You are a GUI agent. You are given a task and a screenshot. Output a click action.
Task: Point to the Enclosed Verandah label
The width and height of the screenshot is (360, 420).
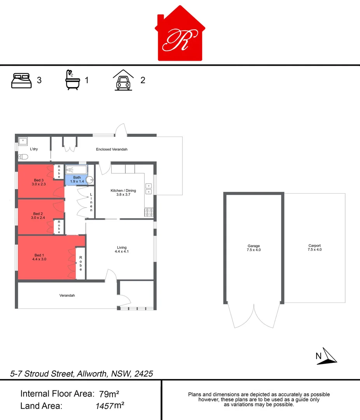click(x=112, y=149)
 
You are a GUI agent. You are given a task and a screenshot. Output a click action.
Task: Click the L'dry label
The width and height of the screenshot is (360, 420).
click(x=34, y=149)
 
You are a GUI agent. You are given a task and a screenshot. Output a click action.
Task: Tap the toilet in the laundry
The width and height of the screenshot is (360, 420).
click(x=23, y=157)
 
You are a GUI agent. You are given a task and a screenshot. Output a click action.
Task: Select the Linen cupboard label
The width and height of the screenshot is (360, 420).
click(x=91, y=202)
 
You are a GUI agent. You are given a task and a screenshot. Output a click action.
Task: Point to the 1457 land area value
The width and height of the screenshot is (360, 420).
click(x=104, y=406)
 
